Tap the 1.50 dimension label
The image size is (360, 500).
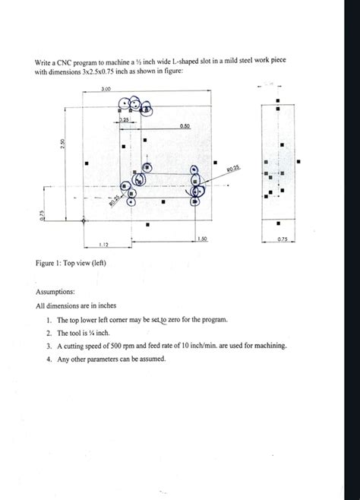201,239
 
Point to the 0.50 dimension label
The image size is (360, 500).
185,126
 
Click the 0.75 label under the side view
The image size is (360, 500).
283,240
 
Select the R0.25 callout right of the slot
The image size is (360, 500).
233,169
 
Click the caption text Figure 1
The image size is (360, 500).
51,263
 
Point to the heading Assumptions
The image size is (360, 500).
55,291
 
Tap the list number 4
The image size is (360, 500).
49,358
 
